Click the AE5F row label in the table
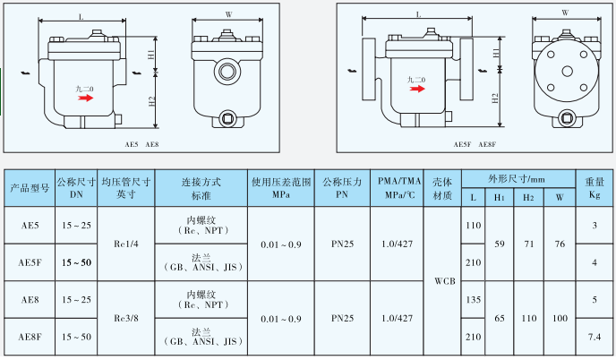pos(28,262)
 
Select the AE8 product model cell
pos(28,301)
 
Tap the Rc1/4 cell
pos(124,243)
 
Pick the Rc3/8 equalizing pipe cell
pos(124,317)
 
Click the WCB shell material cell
pos(444,280)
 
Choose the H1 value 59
pos(500,243)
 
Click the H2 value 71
pos(529,243)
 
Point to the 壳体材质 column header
pos(444,186)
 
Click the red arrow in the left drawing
pos(85,99)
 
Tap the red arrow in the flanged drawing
pos(416,90)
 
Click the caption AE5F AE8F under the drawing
pos(475,144)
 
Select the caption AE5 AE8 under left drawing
pos(141,144)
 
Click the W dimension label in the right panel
pos(563,13)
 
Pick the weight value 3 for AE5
pos(592,225)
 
